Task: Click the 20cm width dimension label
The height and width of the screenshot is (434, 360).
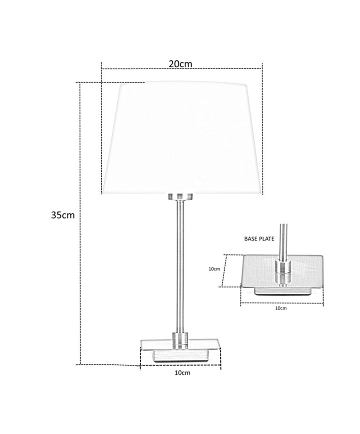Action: click(180, 64)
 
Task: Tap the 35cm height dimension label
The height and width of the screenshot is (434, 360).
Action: click(63, 215)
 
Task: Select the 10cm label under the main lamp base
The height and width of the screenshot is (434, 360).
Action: click(182, 373)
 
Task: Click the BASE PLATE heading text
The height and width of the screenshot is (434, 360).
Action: click(259, 239)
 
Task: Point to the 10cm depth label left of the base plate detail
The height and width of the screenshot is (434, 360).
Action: click(214, 269)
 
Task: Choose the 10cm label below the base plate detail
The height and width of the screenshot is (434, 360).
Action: click(281, 308)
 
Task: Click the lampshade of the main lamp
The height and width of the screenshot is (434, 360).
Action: click(182, 138)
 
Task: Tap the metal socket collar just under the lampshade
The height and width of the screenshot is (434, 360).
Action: click(180, 197)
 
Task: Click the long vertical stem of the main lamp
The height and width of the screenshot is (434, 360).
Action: click(180, 266)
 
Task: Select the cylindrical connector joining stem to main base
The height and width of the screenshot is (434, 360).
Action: click(180, 340)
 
